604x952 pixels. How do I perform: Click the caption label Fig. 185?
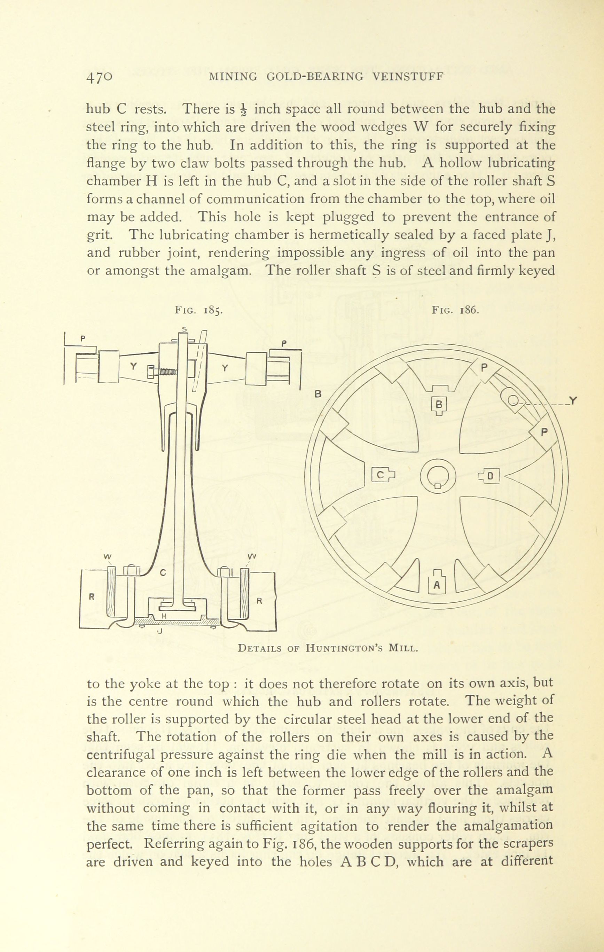point(199,310)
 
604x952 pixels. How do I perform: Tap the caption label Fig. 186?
point(455,310)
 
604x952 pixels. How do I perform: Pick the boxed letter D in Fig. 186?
point(490,476)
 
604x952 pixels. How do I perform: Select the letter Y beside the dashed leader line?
point(574,401)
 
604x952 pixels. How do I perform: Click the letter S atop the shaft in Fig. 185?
point(184,329)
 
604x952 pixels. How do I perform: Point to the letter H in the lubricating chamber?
point(163,616)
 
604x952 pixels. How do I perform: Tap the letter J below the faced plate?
point(160,631)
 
